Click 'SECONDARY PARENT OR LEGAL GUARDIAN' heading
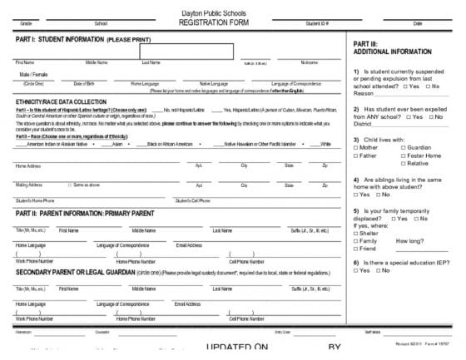tap(83, 272)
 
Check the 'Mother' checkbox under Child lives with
tap(356, 146)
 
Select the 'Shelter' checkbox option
tap(356, 233)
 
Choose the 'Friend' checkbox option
tap(356, 249)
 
